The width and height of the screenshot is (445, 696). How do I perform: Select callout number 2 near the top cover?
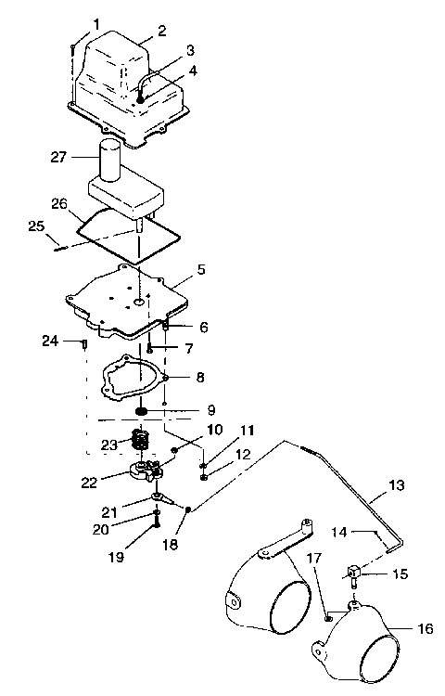tap(162, 31)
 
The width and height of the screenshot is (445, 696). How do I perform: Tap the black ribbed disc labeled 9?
tap(142, 410)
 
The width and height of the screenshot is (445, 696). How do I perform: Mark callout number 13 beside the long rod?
tap(395, 485)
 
